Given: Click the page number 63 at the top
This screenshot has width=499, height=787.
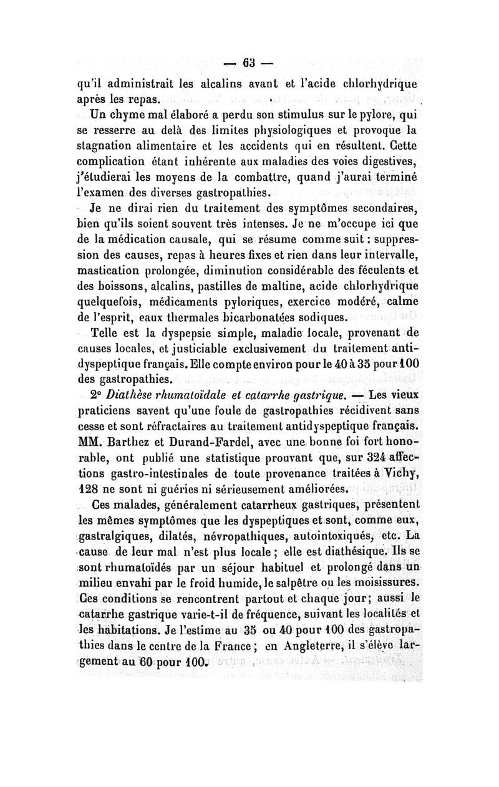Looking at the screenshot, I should (249, 64).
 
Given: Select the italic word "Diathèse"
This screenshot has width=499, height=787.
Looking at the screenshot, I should (138, 394).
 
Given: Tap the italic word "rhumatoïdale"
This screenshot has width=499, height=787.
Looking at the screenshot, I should (207, 394).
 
